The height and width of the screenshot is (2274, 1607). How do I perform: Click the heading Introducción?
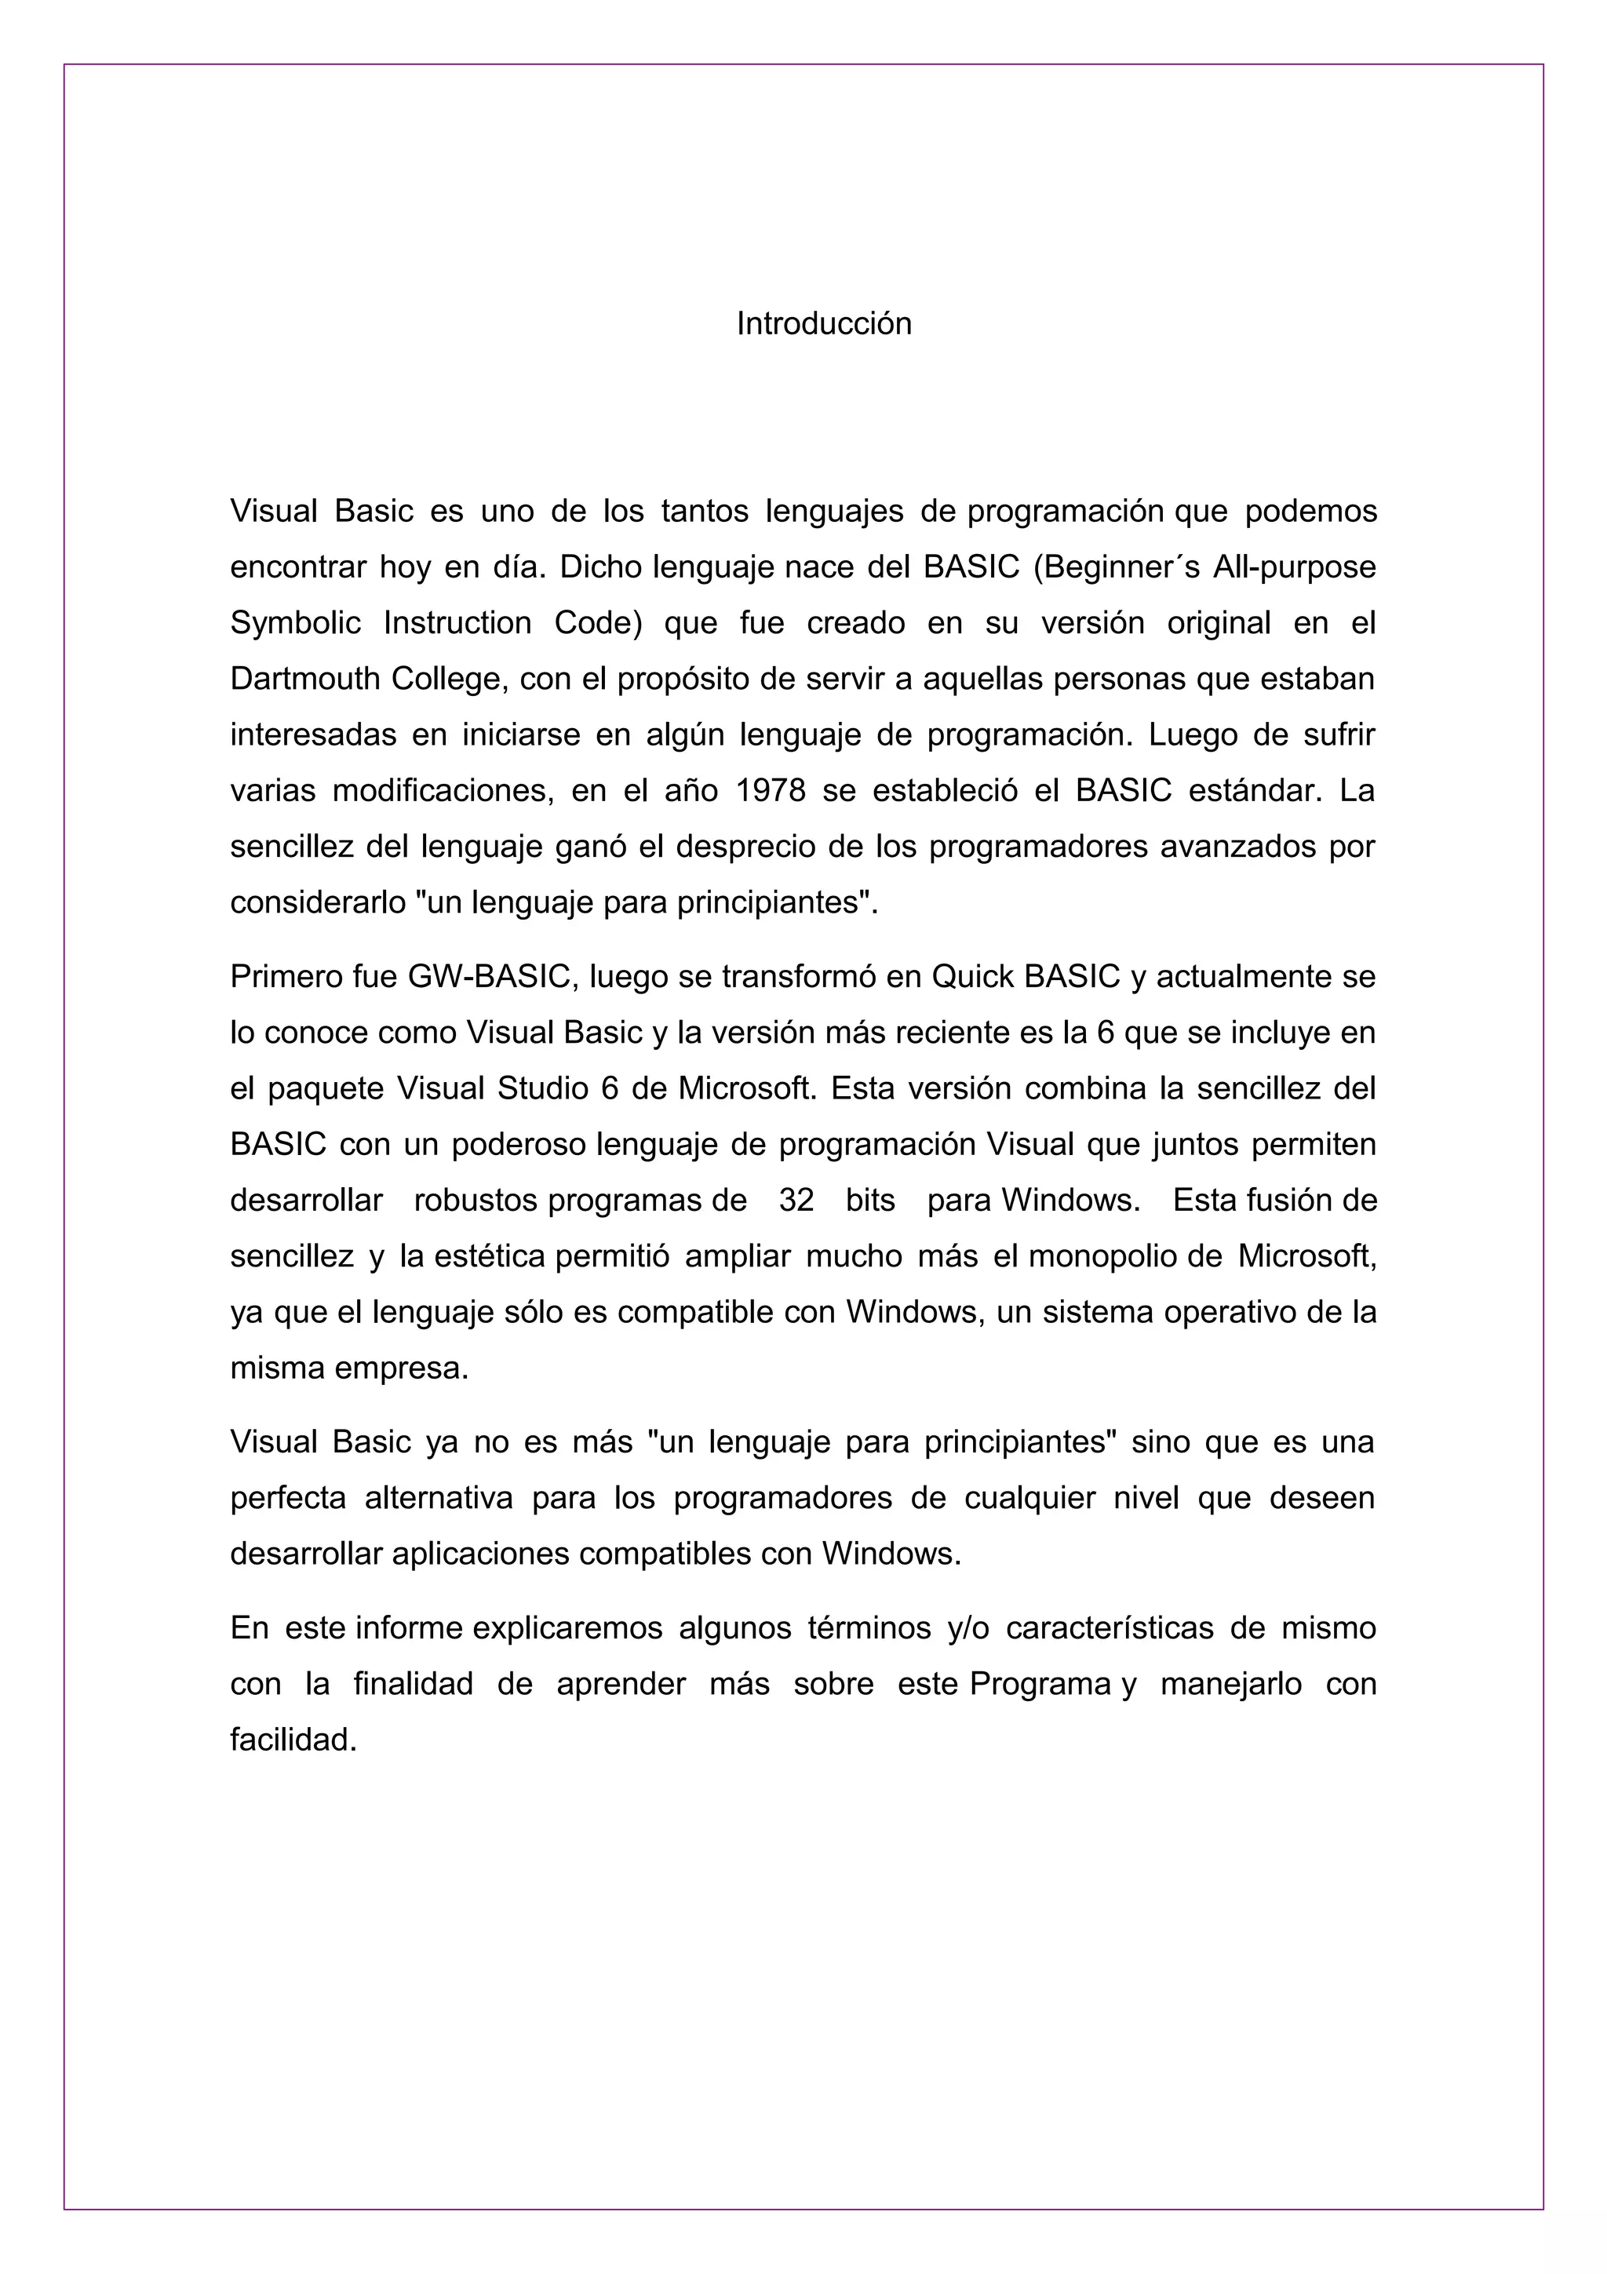(x=823, y=324)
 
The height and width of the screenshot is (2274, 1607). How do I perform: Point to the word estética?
(x=489, y=1257)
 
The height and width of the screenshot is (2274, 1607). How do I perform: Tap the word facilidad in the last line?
(x=292, y=1741)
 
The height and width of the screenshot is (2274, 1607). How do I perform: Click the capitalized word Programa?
(x=1040, y=1685)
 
